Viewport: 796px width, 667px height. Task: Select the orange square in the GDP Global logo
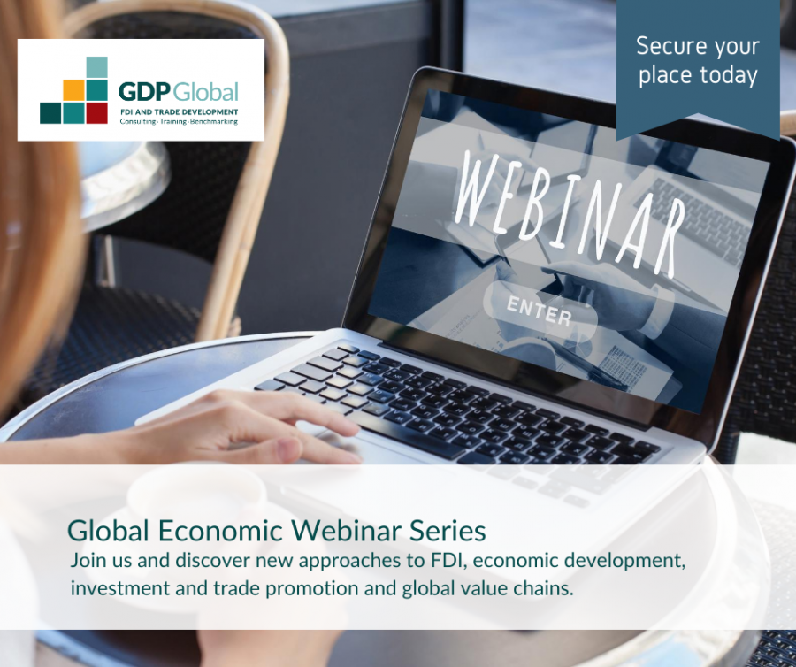(73, 90)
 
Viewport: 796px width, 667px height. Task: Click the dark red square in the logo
(96, 113)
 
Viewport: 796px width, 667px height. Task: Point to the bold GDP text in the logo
(144, 92)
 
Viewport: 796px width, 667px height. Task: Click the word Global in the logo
(205, 92)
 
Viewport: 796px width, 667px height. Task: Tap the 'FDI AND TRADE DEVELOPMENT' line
(179, 111)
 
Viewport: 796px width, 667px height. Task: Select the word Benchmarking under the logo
(213, 122)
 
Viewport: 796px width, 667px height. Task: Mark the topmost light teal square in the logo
(96, 67)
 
